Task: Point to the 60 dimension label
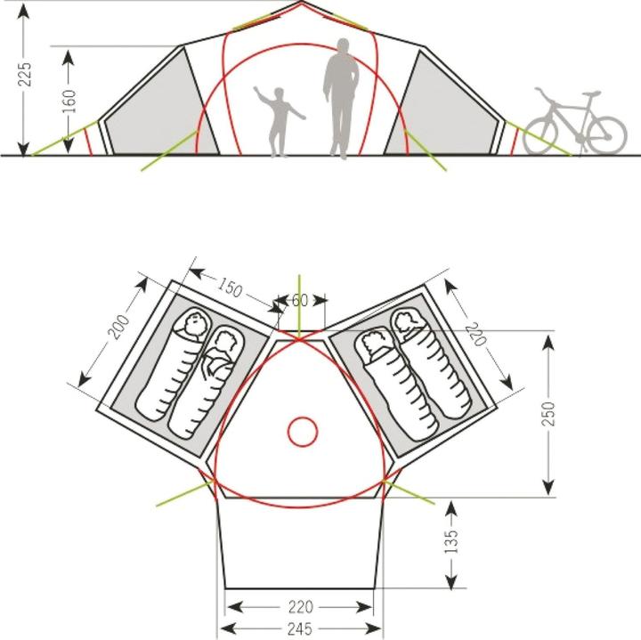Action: coord(300,301)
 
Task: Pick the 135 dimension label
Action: coord(451,543)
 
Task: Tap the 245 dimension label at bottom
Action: coord(299,629)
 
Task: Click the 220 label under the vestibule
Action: coord(299,608)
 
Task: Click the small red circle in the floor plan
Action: coord(303,433)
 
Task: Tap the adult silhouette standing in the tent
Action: coord(339,102)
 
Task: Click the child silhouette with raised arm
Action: coord(280,120)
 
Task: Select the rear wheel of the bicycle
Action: coord(541,134)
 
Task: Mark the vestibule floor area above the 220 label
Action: coord(299,543)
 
